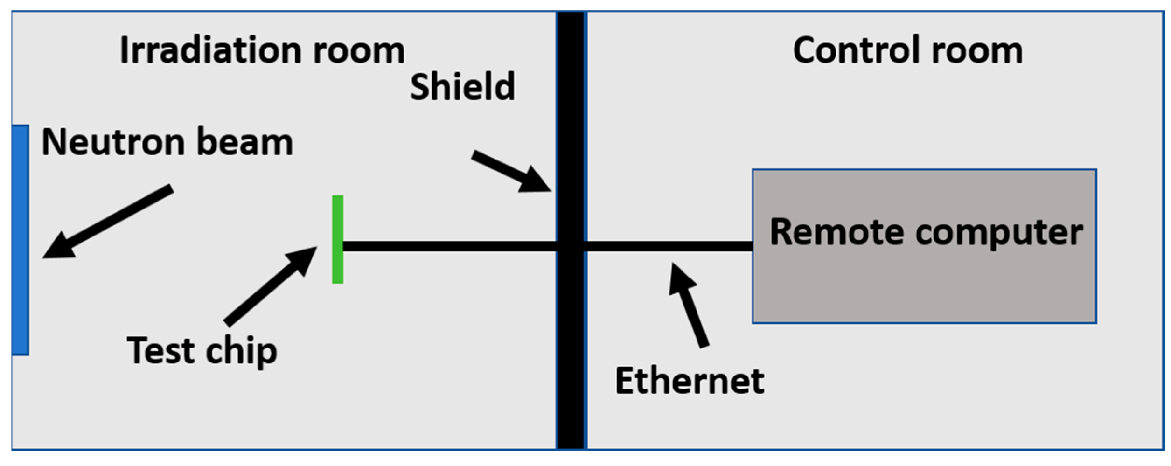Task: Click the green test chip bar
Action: point(337,239)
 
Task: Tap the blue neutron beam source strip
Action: point(20,240)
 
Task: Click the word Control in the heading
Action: point(856,50)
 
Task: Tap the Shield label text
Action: point(462,87)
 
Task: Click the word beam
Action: point(245,142)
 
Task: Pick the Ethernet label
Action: point(689,381)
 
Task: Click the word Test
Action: point(161,350)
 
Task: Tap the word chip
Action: point(241,351)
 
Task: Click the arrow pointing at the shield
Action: point(511,171)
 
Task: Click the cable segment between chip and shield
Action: point(448,246)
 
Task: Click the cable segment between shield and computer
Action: point(667,246)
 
